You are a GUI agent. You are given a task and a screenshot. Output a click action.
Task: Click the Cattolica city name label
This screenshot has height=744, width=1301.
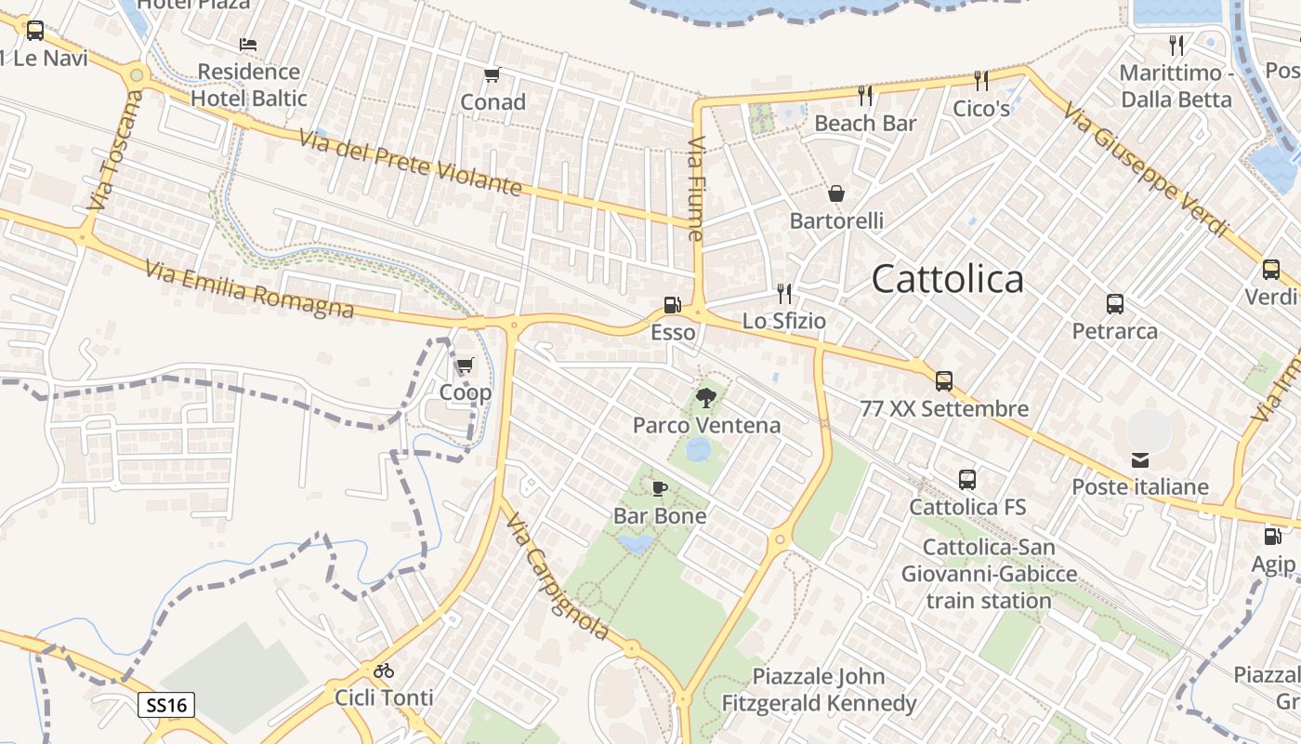[x=948, y=279]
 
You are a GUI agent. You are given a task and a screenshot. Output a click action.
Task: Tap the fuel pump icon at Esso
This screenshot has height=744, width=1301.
[x=671, y=305]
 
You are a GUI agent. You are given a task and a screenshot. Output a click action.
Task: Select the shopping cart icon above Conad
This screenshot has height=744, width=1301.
[x=492, y=74]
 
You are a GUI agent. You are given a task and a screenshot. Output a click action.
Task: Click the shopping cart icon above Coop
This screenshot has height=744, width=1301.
[x=465, y=365]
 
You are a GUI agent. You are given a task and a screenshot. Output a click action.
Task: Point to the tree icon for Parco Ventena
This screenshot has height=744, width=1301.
[x=706, y=398]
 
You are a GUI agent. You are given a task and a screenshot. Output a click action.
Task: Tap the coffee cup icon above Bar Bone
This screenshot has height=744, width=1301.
[x=660, y=488]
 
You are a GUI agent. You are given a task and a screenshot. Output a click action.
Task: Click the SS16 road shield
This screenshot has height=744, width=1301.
[x=167, y=705]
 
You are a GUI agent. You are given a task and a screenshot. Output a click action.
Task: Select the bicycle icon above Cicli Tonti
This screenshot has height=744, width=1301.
[x=384, y=670]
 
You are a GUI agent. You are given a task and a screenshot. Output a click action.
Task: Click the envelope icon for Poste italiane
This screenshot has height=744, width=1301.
[x=1140, y=459]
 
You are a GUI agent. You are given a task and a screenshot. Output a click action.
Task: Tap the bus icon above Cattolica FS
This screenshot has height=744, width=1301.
[x=967, y=480]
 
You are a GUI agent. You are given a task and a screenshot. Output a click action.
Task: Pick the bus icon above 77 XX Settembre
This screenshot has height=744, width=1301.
[x=944, y=381]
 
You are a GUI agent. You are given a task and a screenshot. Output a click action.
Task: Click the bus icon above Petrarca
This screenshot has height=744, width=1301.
[x=1115, y=303]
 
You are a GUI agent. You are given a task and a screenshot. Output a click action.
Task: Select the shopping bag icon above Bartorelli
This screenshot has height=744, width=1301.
[x=836, y=193]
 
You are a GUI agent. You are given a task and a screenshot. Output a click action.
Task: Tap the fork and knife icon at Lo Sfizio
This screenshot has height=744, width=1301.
[x=784, y=294]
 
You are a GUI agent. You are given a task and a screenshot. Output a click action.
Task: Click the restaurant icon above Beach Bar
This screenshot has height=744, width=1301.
[x=865, y=95]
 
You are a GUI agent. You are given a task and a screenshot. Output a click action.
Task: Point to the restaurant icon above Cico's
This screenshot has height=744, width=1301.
[x=981, y=81]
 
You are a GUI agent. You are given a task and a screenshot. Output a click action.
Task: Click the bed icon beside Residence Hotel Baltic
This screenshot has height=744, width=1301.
[x=247, y=45]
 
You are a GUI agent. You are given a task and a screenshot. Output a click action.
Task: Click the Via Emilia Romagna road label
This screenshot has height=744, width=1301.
[x=249, y=289]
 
